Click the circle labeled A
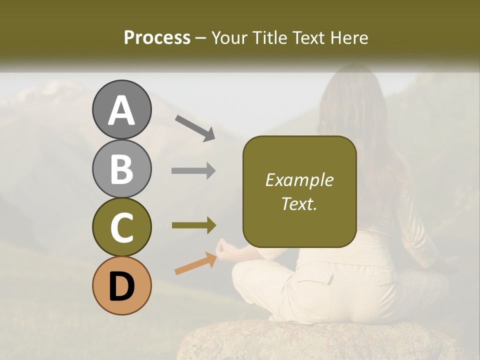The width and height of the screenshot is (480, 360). (x=121, y=109)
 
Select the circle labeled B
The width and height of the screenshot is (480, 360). (x=121, y=168)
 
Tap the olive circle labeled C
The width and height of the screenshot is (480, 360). (x=121, y=227)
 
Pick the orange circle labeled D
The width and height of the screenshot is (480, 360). (x=121, y=285)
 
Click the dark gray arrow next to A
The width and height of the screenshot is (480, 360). (x=194, y=128)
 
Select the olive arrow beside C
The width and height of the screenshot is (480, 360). (x=193, y=225)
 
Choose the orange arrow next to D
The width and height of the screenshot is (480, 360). (x=195, y=263)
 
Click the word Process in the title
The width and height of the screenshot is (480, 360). (x=157, y=38)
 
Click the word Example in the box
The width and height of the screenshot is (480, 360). (x=299, y=180)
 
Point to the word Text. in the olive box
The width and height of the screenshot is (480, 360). (x=299, y=204)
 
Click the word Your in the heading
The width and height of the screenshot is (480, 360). (x=230, y=38)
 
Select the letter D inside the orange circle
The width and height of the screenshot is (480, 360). (x=121, y=286)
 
